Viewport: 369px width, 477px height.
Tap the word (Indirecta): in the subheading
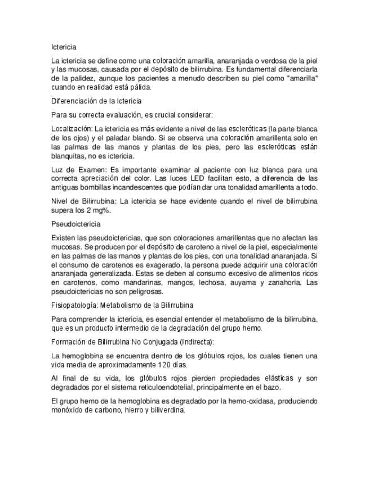pos(194,342)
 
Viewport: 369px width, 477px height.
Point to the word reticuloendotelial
pos(172,388)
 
